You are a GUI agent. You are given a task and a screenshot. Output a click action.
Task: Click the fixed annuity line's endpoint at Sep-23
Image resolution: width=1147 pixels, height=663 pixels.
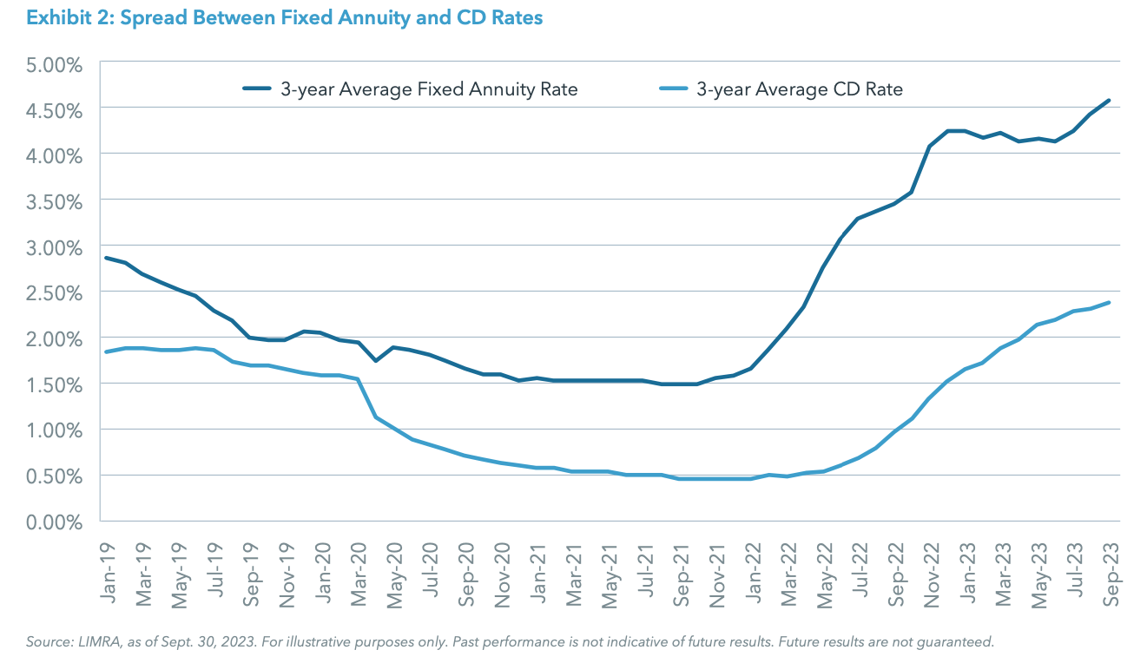[1109, 101]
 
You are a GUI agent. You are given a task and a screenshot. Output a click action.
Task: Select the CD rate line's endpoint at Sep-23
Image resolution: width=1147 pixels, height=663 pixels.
[1109, 303]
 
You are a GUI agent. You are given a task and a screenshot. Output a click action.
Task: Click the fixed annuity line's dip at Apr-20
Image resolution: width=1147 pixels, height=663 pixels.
[375, 360]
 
